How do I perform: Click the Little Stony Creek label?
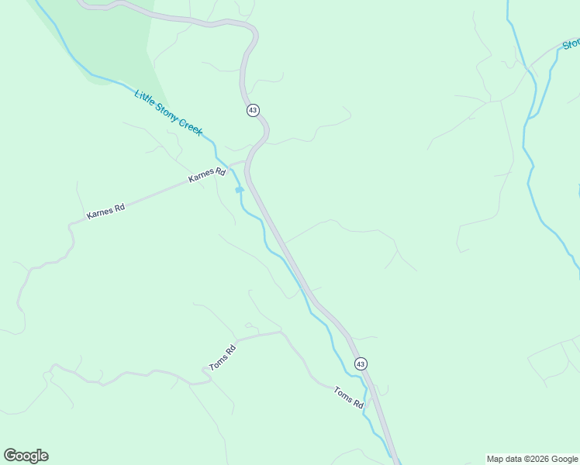tap(168, 113)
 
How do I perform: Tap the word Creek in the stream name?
tap(190, 126)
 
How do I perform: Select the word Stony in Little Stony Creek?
tap(166, 112)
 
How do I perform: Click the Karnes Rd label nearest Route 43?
tap(207, 176)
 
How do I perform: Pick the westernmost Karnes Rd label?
tap(105, 212)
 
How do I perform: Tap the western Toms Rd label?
tap(222, 356)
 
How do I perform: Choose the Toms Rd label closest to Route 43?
tap(348, 398)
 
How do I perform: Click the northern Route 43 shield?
tap(253, 110)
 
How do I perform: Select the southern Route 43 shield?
tap(361, 363)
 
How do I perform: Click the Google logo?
tap(26, 456)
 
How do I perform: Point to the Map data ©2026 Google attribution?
tap(532, 459)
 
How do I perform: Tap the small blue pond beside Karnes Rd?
tap(240, 189)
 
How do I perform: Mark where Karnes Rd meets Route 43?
tap(247, 161)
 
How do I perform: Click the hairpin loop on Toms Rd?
tap(206, 372)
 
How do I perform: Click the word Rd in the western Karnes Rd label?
tap(118, 207)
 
